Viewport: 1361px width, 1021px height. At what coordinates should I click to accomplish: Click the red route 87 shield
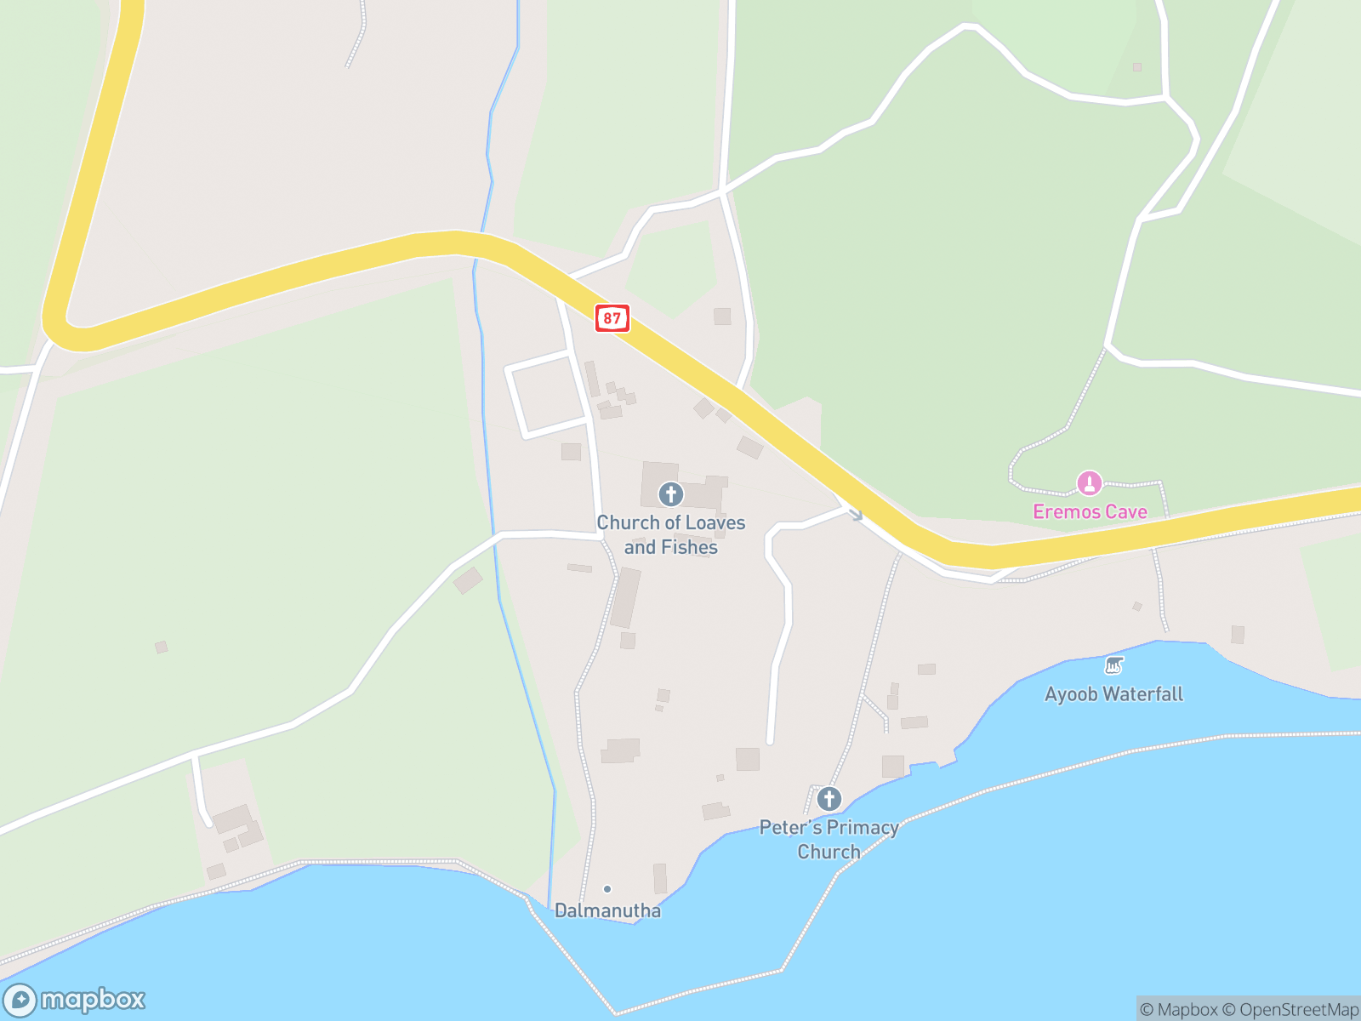[612, 318]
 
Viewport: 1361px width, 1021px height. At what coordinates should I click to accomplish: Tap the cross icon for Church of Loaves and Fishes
[671, 494]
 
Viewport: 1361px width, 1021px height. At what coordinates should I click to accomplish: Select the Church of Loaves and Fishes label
[671, 534]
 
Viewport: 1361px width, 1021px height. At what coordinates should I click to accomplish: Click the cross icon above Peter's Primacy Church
[829, 799]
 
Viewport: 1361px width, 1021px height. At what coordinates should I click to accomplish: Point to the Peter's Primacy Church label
[829, 839]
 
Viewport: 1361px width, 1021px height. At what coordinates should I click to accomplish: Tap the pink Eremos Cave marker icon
[1090, 483]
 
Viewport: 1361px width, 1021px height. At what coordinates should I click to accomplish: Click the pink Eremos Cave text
[1090, 511]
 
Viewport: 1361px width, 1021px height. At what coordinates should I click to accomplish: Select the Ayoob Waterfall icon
[1113, 665]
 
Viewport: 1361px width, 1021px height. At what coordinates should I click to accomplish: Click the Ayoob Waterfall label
[1113, 693]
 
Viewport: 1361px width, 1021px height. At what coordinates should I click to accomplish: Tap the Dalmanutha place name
[607, 910]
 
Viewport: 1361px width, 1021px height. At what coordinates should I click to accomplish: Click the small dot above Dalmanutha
[607, 889]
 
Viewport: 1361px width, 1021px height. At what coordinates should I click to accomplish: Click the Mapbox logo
[75, 1000]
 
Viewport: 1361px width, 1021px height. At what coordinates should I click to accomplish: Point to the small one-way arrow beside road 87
[855, 514]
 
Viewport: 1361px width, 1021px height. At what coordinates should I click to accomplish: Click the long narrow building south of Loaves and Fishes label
[626, 597]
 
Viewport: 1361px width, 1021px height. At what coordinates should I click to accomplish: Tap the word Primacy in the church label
[863, 827]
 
